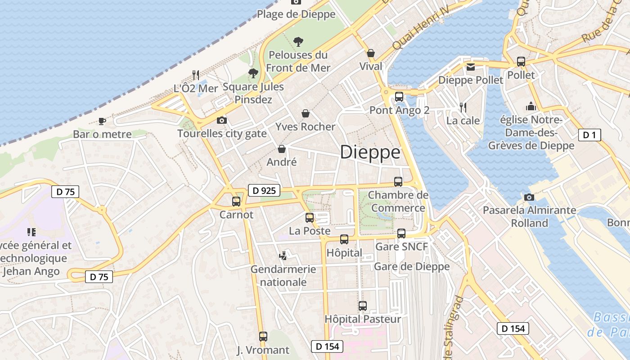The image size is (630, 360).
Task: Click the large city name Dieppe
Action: [370, 153]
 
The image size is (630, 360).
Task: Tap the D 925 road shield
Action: [264, 190]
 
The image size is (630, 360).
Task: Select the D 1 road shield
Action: [589, 135]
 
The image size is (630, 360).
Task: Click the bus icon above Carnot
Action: [236, 202]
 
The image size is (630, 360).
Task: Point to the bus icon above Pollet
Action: [521, 62]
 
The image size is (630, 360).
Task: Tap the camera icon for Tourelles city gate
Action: [222, 120]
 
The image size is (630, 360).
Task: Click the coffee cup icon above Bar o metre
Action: [102, 121]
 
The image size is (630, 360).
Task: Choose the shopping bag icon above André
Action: [282, 148]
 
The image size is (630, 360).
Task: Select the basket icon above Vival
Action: [371, 54]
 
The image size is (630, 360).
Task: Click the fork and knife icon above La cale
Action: [463, 107]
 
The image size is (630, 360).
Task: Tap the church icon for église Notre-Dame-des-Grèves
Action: [531, 106]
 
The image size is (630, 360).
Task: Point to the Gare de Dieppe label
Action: [412, 266]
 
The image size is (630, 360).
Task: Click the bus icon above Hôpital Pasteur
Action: [363, 306]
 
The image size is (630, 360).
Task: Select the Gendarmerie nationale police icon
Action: [283, 256]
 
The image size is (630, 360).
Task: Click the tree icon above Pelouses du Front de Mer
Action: [298, 42]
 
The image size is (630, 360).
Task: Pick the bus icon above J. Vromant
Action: [263, 336]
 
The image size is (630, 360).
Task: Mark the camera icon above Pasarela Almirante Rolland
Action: [529, 197]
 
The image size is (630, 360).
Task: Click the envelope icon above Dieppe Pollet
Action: [470, 67]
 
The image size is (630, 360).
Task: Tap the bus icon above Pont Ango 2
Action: [399, 96]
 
